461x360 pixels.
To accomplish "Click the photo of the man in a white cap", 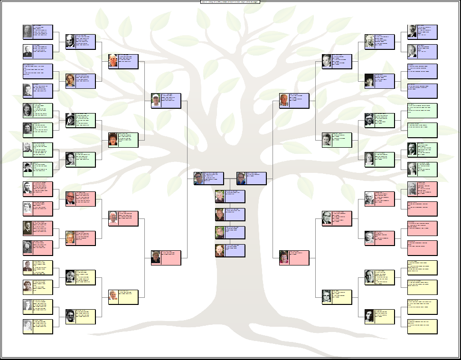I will (x=156, y=101).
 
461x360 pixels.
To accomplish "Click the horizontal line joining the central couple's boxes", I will (x=230, y=179).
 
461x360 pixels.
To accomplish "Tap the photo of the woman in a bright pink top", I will (x=284, y=257).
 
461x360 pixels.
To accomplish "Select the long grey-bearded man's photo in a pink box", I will (x=412, y=189).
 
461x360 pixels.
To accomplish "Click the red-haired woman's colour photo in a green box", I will (x=113, y=140).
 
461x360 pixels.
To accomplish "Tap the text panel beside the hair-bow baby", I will (x=385, y=238).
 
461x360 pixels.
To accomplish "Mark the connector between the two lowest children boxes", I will (x=230, y=241).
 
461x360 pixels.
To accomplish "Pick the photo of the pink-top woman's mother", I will (x=327, y=297).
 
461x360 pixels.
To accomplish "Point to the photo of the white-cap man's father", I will (x=113, y=61).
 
